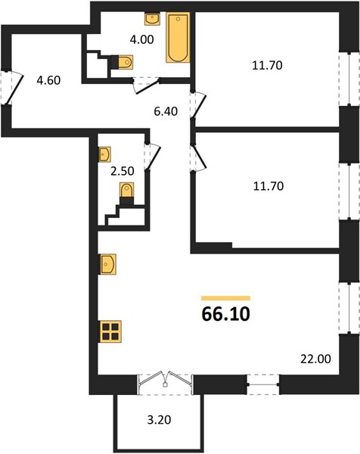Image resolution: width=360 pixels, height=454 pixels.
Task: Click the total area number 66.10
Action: [225, 314]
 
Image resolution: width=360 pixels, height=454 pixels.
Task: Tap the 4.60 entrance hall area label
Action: [48, 80]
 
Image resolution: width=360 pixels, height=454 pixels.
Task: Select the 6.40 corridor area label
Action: [166, 111]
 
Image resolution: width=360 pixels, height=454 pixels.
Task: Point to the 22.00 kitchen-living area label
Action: [315, 359]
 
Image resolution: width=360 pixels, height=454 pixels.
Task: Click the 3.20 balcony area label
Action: [159, 419]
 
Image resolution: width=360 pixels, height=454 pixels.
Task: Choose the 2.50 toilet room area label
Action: [123, 171]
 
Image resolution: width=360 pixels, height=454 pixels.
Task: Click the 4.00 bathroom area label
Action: [141, 39]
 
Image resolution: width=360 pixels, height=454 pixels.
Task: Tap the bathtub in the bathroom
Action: [178, 37]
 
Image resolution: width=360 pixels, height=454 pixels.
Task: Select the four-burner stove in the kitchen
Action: [111, 331]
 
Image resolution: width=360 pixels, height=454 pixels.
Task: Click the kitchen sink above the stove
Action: [108, 264]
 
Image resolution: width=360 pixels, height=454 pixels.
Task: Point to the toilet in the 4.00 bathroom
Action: [123, 62]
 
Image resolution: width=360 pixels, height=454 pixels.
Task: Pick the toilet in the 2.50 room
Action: [126, 193]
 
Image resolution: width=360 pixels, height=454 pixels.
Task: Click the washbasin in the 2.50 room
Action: [105, 154]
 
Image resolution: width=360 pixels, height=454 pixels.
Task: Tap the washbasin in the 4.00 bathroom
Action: [152, 19]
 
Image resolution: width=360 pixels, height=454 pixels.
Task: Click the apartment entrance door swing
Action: [13, 88]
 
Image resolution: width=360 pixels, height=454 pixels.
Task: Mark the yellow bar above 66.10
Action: [225, 298]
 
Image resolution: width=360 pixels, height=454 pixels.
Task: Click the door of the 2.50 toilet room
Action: [153, 157]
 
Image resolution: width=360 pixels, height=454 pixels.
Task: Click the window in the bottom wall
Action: [263, 384]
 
